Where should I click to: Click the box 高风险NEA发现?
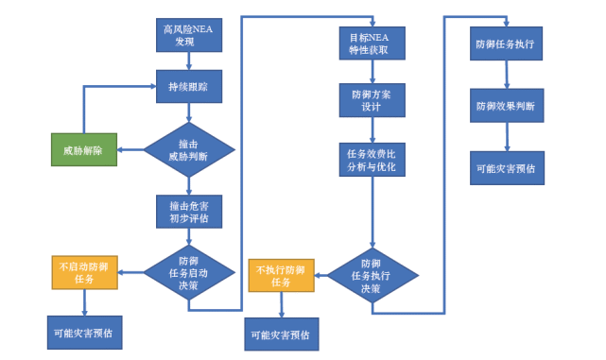188,35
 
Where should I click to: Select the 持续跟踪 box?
188,87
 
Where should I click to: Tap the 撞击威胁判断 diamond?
188,149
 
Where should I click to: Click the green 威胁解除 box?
83,149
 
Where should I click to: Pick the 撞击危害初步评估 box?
188,212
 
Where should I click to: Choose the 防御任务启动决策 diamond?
188,274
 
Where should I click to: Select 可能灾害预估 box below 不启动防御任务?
85,333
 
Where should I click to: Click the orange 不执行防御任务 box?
281,275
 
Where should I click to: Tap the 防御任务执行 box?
506,43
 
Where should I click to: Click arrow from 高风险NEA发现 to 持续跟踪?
188,60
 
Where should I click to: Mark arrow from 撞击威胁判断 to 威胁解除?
130,149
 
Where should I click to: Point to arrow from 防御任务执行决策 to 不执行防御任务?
320,275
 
